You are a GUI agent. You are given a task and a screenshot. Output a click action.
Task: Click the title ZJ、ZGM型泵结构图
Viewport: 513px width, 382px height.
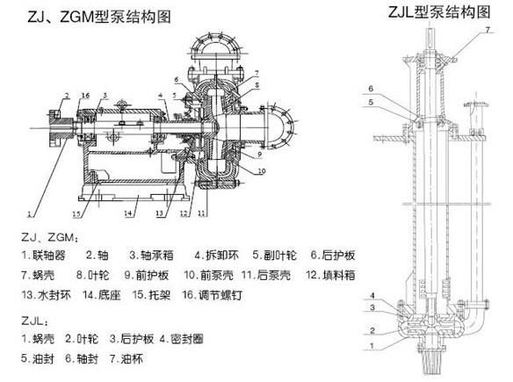click(98, 17)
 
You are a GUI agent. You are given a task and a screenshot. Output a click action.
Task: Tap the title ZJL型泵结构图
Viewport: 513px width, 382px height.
click(439, 11)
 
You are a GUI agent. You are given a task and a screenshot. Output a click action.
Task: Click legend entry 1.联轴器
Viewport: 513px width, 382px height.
click(44, 255)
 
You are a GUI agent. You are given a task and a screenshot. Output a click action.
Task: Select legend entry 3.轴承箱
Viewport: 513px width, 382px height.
click(151, 255)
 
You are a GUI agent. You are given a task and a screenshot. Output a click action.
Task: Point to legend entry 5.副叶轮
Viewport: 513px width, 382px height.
click(274, 255)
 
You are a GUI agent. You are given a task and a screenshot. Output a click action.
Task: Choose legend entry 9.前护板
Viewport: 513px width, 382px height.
click(147, 275)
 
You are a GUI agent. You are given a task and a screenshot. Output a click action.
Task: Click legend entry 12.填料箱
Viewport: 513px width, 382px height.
click(330, 275)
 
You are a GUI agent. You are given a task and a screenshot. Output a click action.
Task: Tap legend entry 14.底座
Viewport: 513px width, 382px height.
click(102, 295)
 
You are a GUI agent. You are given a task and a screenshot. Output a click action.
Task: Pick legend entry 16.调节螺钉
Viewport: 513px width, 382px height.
click(212, 295)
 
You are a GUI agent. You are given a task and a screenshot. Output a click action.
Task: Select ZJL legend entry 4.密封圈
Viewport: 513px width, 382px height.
click(182, 339)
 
